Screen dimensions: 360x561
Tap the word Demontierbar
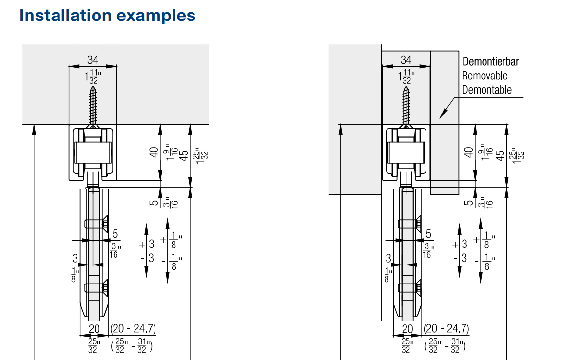(x=490, y=62)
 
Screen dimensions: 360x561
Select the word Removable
(x=484, y=76)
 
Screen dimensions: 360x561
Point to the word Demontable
(x=486, y=90)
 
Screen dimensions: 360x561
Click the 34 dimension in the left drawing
(x=93, y=59)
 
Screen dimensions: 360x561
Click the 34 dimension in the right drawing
(x=406, y=59)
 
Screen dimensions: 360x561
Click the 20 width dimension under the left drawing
(x=94, y=329)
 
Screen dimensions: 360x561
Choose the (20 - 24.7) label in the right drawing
(x=446, y=329)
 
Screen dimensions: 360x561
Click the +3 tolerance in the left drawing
(x=148, y=244)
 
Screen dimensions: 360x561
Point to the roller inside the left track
(x=93, y=152)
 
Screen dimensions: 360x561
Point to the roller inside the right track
(x=406, y=152)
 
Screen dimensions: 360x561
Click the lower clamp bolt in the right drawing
(x=410, y=288)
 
